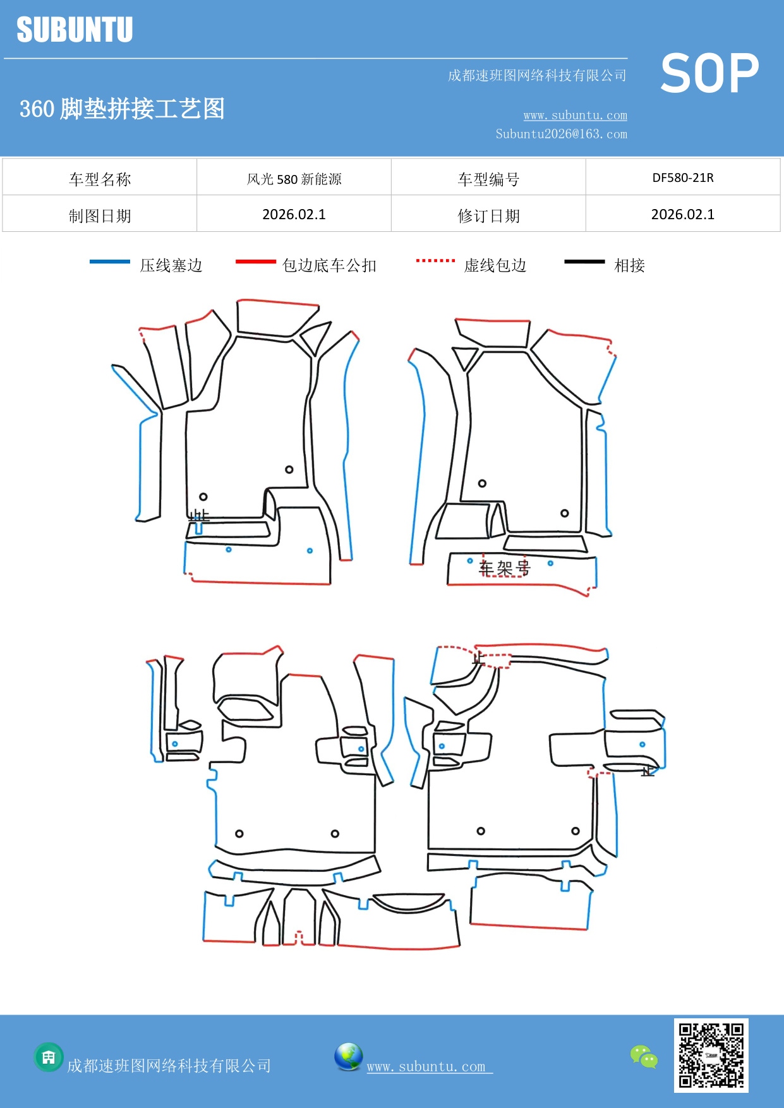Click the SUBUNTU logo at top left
[x=75, y=30]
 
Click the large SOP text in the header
[x=709, y=73]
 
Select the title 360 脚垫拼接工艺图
[x=122, y=109]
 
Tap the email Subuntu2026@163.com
[x=561, y=134]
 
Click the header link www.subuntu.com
[x=575, y=115]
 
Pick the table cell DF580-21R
[x=682, y=178]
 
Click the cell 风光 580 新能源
[x=294, y=179]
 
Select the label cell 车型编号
[x=488, y=179]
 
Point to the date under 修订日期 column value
[x=682, y=215]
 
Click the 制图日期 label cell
[x=100, y=216]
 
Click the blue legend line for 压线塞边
[x=109, y=262]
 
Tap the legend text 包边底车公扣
[x=329, y=265]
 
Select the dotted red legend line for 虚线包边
[x=435, y=260]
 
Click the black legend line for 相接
[x=584, y=262]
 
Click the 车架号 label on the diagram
[x=504, y=568]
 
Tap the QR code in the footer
[x=711, y=1055]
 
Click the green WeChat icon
[x=644, y=1056]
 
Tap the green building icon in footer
[x=49, y=1057]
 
